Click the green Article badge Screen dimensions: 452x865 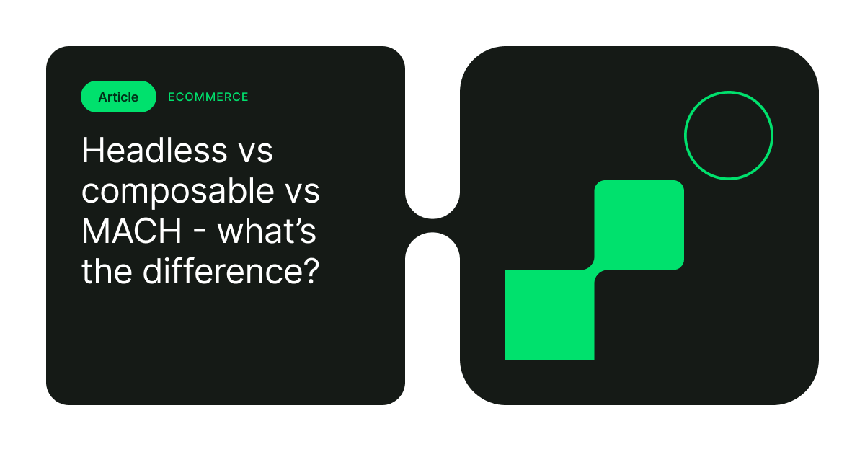118,97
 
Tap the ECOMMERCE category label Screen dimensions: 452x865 208,97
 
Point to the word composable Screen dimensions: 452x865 167,192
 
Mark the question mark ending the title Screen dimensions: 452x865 309,273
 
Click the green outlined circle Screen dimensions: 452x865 728,136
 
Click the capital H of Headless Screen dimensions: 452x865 92,151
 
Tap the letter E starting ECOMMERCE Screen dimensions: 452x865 172,97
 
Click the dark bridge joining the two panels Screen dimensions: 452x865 432,226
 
